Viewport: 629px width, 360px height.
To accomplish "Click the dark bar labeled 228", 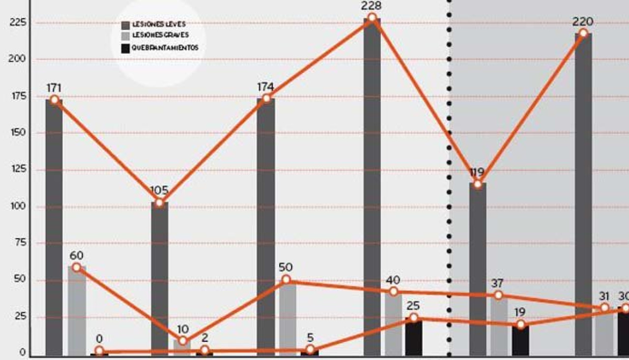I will [372, 187].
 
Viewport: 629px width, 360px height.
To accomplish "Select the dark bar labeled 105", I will [159, 278].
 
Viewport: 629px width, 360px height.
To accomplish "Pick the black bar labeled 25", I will [414, 337].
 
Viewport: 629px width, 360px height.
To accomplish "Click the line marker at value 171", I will [54, 100].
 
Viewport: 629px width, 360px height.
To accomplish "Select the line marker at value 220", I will [583, 33].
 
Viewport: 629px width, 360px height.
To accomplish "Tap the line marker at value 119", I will [477, 184].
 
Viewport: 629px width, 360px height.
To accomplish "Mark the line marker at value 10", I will [183, 341].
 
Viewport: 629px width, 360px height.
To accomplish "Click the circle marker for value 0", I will [99, 351].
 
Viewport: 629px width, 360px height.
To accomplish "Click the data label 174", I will [265, 87].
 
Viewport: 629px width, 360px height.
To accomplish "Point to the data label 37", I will [498, 283].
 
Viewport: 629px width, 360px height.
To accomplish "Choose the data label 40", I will [393, 280].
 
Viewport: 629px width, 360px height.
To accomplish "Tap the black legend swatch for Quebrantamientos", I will [125, 48].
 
